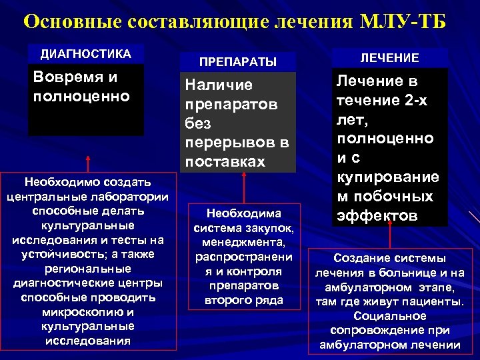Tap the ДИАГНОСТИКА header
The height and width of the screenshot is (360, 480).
[86, 53]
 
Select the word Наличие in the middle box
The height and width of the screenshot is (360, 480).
[209, 85]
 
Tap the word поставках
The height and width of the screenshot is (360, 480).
[225, 162]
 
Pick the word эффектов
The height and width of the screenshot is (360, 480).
[377, 217]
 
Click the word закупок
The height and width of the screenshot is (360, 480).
[271, 228]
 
